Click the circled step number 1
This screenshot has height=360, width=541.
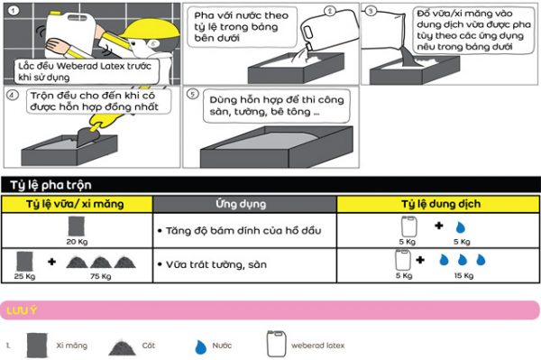14,11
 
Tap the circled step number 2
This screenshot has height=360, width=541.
330,12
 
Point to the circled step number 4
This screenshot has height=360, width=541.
13,95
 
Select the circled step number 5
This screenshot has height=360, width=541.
193,94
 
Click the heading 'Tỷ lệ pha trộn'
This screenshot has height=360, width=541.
50,185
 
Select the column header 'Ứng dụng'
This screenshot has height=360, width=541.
241,204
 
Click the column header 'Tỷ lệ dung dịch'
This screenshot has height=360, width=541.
441,204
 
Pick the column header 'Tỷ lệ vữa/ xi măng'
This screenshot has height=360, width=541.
75,204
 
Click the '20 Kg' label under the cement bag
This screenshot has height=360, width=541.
77,242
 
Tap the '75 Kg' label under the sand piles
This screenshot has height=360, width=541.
101,276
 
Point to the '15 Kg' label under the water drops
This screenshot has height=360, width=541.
463,275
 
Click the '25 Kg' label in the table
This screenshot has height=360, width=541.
24,276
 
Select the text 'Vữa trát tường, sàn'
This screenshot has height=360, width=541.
216,264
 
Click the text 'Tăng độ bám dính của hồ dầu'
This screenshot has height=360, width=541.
243,231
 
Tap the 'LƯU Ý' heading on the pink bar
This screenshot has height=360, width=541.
22,310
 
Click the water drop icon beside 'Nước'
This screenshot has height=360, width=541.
200,346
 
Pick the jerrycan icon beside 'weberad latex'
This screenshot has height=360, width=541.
277,344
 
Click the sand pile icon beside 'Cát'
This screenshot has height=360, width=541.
122,347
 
